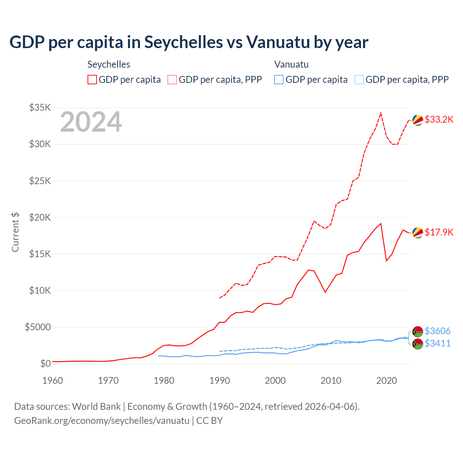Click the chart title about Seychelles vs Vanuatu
(189, 42)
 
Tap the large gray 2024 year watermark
(91, 122)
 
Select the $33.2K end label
(439, 119)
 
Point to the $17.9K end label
(439, 232)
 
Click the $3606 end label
(437, 331)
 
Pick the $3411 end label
(437, 343)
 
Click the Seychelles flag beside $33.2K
(418, 120)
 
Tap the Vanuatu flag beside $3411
(418, 344)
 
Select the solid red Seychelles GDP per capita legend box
(92, 80)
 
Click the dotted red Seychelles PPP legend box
(172, 80)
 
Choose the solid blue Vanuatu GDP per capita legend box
(279, 80)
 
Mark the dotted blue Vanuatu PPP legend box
(359, 80)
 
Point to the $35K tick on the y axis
(40, 107)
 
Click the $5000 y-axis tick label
(38, 327)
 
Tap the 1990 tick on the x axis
(220, 381)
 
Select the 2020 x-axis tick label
(387, 381)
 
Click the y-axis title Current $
(15, 232)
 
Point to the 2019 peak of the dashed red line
(381, 113)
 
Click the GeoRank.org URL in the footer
(102, 421)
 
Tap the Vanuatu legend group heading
(291, 64)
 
